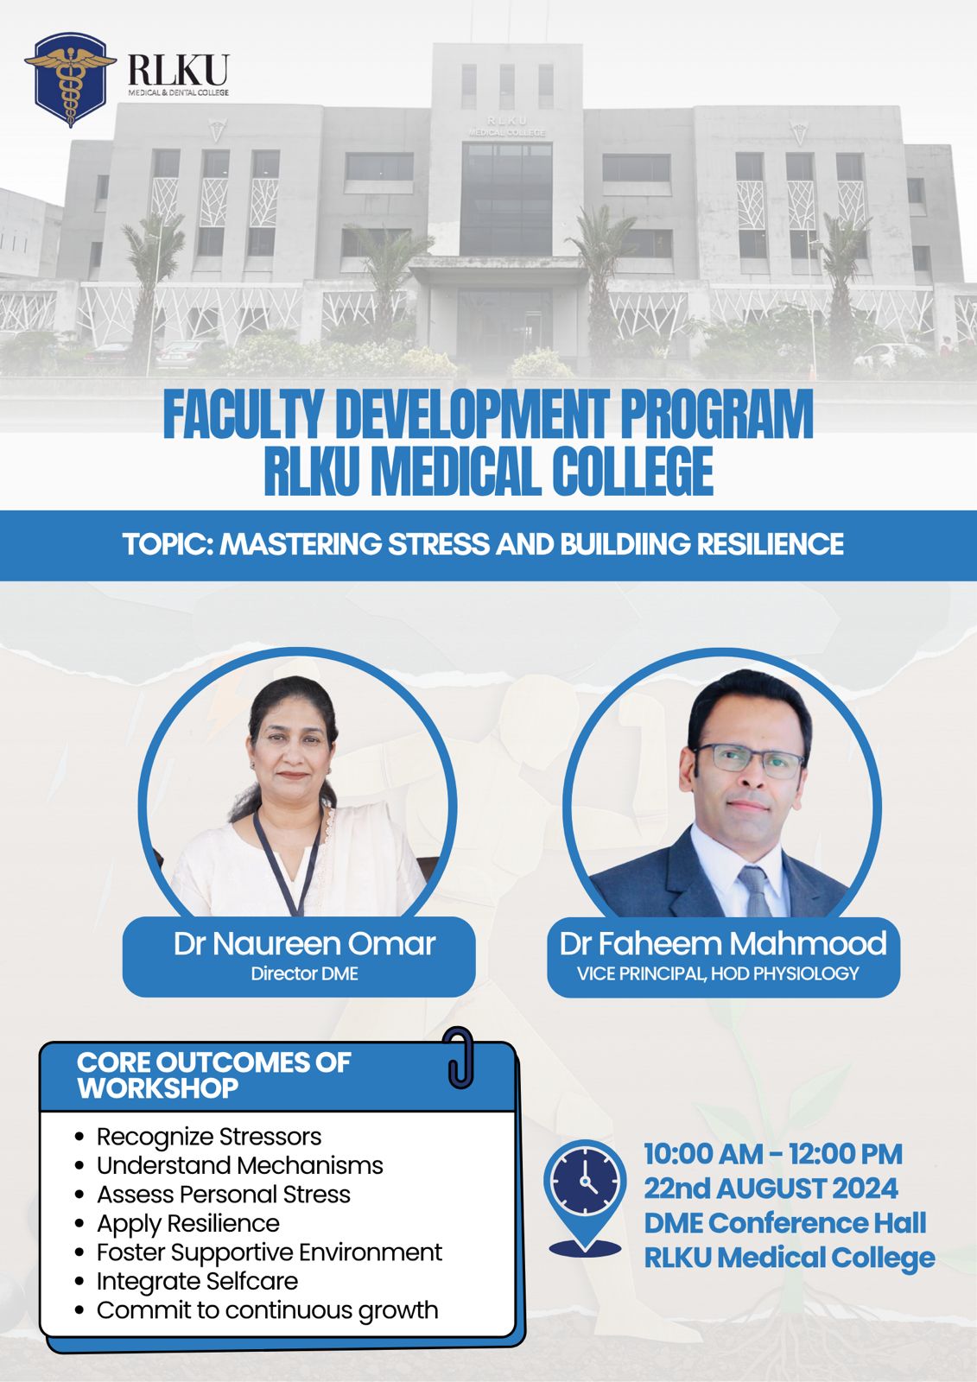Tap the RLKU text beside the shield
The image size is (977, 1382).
point(178,70)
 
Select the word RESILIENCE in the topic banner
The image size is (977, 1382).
point(770,544)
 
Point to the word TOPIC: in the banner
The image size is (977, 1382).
point(168,544)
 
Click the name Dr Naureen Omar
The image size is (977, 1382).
point(304,944)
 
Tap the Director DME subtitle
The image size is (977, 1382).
point(304,973)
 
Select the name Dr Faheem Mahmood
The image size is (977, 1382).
point(723,943)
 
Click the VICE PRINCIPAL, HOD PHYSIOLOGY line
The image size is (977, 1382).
point(718,973)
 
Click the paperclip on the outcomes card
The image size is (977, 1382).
point(460,1057)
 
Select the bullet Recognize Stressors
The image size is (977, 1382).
point(209,1137)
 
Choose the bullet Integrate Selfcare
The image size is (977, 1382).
point(198,1281)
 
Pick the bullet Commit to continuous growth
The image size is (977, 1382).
point(267,1310)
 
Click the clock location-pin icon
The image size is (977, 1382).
point(585,1197)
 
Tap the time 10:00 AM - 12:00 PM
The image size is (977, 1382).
point(773,1154)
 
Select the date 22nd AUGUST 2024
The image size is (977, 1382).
point(771,1189)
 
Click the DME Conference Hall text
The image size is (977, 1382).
point(785,1223)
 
